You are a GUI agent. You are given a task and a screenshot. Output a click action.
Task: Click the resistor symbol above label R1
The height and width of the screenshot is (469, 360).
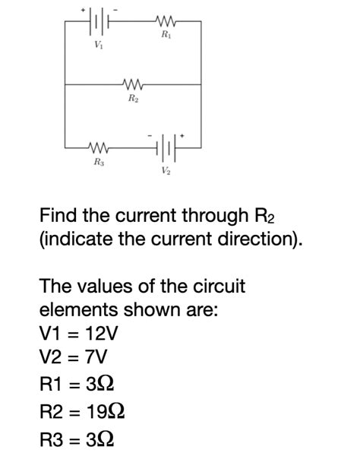tap(165, 22)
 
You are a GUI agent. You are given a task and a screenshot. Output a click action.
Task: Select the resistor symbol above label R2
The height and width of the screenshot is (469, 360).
tap(134, 84)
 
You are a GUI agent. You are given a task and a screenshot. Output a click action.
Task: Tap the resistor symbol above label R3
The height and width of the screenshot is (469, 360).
tap(99, 147)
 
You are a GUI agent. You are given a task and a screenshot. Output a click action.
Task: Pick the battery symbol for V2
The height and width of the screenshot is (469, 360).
tap(166, 147)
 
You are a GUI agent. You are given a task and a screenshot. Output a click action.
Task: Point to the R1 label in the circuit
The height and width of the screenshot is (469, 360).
tap(166, 36)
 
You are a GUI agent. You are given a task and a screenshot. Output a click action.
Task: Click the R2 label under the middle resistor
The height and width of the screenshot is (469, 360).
tap(134, 99)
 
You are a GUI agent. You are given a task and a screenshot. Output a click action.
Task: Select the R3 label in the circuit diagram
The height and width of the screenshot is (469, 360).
tap(99, 162)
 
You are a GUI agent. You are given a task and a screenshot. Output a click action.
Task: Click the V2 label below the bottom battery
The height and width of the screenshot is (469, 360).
tap(166, 170)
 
